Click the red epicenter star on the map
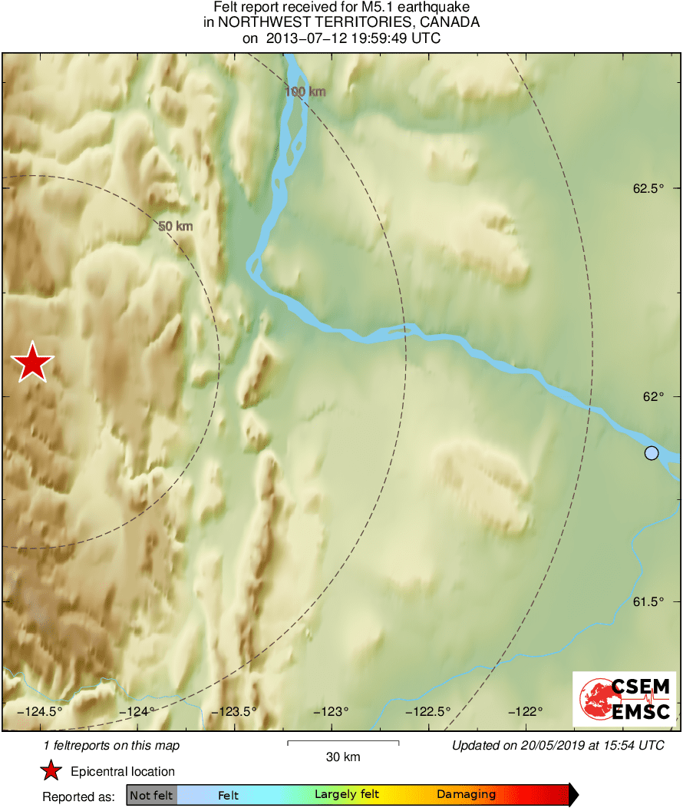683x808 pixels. [32, 363]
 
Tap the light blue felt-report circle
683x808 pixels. [652, 453]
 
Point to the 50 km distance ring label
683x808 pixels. [175, 227]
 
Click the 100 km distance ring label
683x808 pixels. [305, 92]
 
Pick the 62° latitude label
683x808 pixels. [652, 396]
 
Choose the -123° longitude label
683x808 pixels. [332, 711]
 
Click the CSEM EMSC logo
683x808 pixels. [624, 698]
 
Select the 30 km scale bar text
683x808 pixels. [343, 757]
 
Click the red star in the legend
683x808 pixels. [51, 771]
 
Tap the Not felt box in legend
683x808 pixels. [151, 795]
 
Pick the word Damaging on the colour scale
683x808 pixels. [467, 795]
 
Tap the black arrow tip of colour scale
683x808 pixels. [574, 795]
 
